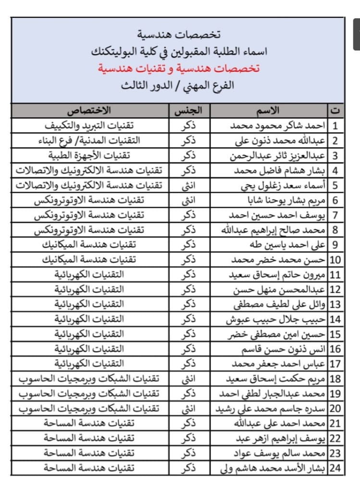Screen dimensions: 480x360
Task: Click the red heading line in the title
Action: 178,68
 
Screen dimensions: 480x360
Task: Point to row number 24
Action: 335,467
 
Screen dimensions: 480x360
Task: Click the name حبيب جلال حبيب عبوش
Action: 284,319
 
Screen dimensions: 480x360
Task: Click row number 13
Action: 335,304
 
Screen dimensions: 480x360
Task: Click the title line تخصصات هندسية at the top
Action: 178,35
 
